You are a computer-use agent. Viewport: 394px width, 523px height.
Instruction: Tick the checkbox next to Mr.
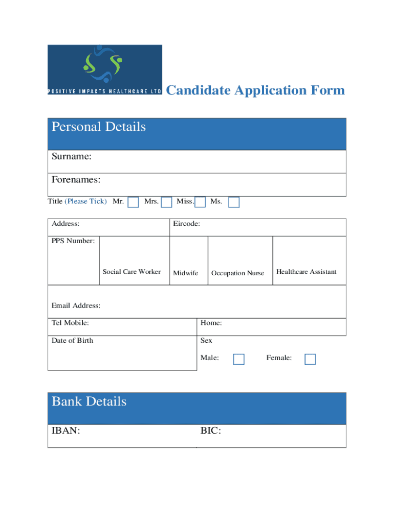133,202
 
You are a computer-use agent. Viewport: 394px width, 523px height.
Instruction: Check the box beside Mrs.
166,202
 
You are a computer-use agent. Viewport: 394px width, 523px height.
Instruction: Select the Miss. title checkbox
201,202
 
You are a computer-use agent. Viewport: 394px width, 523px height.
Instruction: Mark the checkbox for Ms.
234,202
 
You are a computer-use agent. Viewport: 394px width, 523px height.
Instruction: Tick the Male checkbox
238,359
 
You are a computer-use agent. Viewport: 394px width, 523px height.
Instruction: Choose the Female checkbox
310,359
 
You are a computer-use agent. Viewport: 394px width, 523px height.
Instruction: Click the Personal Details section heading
99,127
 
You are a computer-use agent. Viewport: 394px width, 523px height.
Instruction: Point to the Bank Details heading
89,401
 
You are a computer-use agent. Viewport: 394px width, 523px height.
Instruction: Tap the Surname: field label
72,156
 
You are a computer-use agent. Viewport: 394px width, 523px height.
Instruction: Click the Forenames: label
76,180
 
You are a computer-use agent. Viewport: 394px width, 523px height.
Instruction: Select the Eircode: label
186,224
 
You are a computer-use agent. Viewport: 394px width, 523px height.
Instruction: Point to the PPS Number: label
73,241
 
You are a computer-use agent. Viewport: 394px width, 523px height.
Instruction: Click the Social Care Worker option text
132,272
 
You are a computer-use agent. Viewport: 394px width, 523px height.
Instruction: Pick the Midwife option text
186,273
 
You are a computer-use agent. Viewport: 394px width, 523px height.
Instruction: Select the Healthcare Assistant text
307,272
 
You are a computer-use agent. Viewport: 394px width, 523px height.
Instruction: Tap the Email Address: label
76,305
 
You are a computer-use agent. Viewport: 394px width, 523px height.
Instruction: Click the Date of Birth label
73,340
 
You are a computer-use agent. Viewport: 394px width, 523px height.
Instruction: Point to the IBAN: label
66,431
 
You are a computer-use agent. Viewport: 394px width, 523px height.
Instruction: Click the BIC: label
210,431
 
